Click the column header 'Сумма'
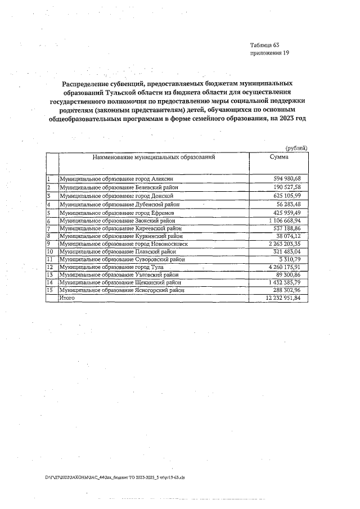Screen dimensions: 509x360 coord(279,157)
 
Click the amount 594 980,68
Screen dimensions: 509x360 coord(287,178)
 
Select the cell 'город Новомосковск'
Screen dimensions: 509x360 coord(129,245)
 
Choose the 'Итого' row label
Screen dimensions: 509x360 coord(67,298)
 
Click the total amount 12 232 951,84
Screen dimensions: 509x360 coord(280,298)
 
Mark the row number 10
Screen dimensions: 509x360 coord(50,252)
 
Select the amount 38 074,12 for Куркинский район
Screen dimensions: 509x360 coord(289,236)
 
